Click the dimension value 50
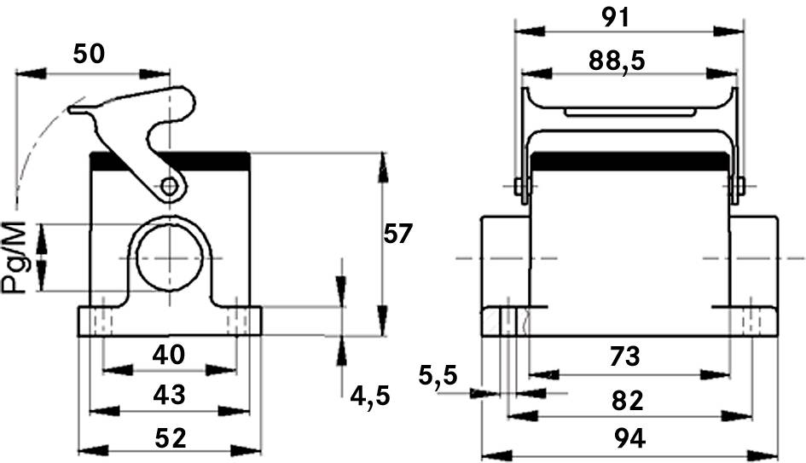click(89, 54)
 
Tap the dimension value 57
click(397, 234)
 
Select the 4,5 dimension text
click(370, 395)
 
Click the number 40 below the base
click(169, 355)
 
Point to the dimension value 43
click(170, 395)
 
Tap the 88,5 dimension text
click(617, 61)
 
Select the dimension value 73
click(624, 356)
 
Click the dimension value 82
click(627, 400)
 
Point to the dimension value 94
click(629, 438)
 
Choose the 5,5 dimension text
click(438, 375)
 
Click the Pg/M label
click(14, 257)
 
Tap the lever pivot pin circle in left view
click(168, 186)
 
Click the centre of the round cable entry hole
click(169, 258)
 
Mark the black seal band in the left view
click(170, 161)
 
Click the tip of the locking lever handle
click(71, 109)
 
